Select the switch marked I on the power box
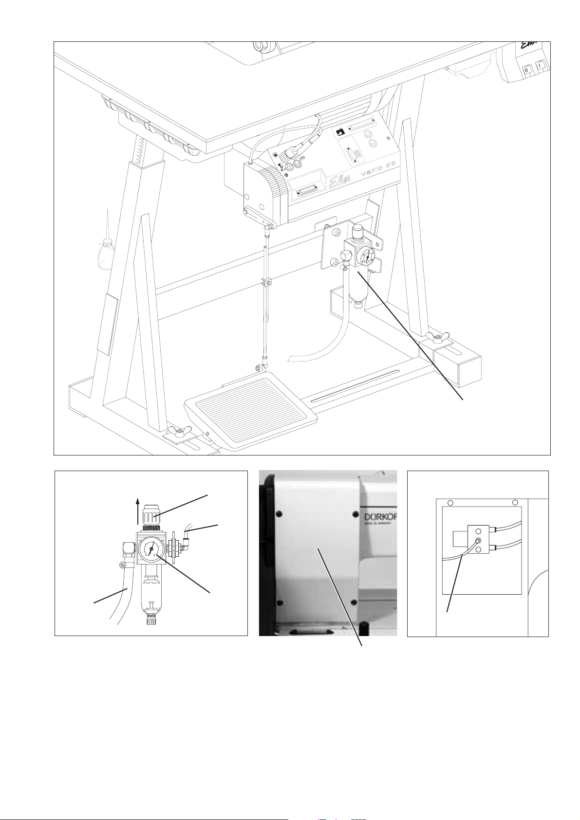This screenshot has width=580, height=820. coord(541,65)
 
